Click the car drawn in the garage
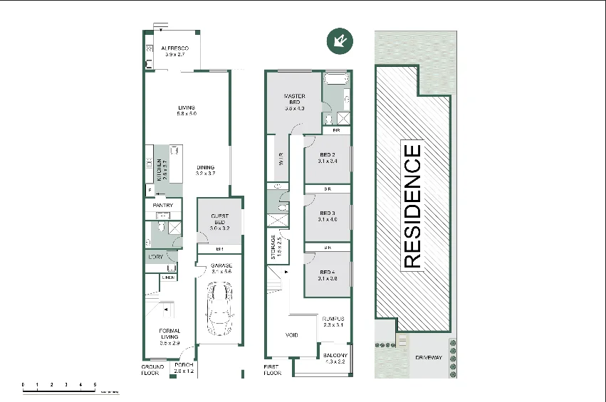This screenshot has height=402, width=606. [220, 312]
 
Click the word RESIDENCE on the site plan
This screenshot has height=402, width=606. [412, 206]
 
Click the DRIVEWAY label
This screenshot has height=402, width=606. [429, 357]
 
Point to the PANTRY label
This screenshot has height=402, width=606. [163, 206]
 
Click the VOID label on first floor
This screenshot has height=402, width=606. [291, 335]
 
